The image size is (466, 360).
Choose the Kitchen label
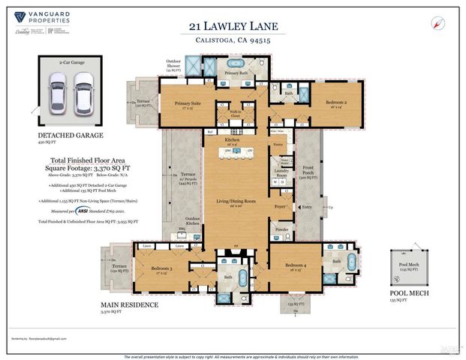click(x=230, y=139)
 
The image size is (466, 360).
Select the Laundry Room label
click(x=283, y=172)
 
